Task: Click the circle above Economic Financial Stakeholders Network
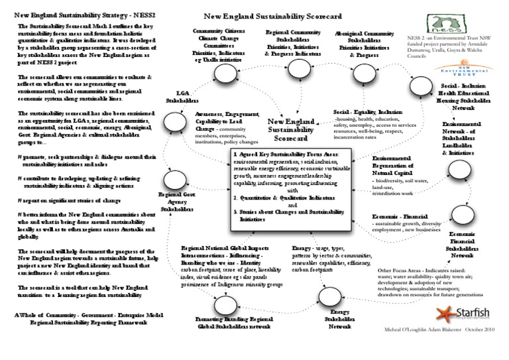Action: (462, 215)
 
